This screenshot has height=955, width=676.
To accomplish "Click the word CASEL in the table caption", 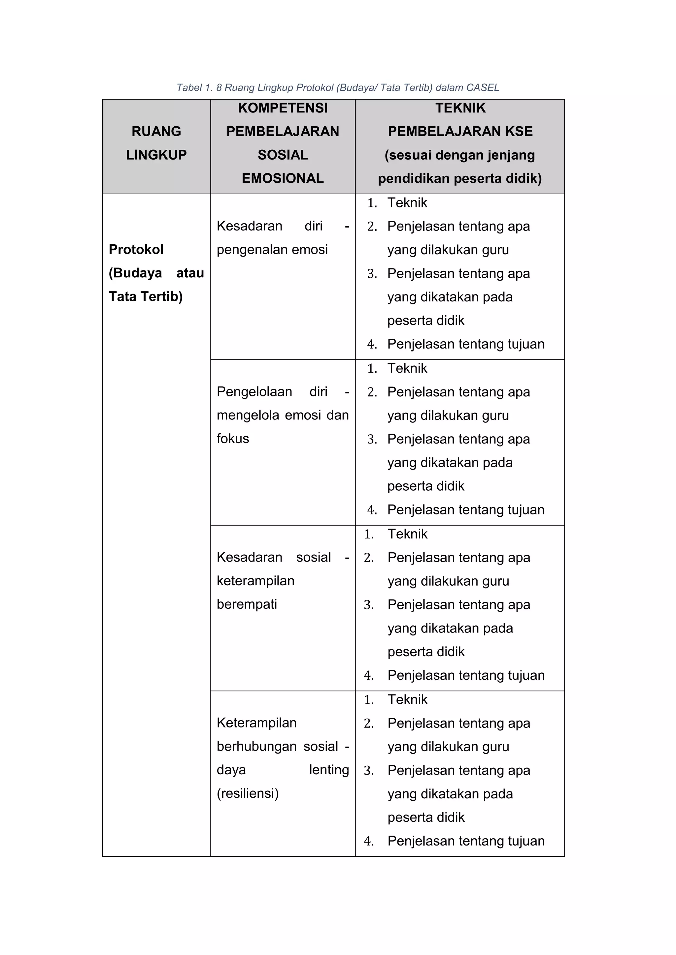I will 483,88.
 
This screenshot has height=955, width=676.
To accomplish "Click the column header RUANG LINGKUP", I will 156,143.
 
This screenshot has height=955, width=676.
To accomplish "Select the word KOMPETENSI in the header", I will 283,108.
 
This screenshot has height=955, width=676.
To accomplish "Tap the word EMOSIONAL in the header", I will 283,178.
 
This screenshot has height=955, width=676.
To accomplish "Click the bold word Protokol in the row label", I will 136,250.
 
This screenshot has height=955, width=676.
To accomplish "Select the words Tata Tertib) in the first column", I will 146,296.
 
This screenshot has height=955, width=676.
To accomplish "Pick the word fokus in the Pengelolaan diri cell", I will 233,438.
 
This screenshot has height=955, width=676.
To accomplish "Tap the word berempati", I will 247,604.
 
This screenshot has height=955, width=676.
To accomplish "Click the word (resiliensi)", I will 248,793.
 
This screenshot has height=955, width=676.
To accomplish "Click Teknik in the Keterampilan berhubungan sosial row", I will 407,700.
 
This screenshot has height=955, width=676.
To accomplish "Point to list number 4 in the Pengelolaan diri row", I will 372,510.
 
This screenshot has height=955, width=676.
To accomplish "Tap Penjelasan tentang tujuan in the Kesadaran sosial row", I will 466,675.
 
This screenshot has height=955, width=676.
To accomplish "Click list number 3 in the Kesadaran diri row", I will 372,274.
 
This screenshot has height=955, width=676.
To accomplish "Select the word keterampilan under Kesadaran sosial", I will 255,581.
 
